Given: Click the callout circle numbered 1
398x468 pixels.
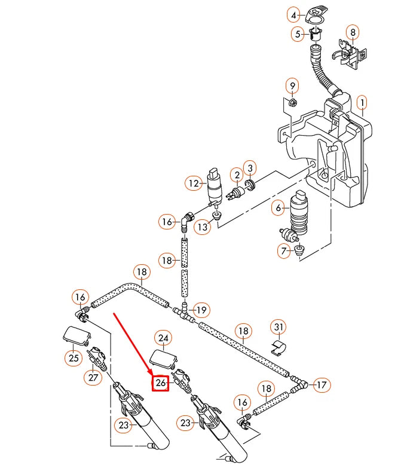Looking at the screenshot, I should pyautogui.click(x=362, y=103).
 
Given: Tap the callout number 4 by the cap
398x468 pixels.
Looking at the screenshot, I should pyautogui.click(x=293, y=14).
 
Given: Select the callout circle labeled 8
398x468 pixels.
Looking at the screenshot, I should pyautogui.click(x=353, y=32).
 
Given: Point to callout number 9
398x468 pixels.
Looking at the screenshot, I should pyautogui.click(x=292, y=86).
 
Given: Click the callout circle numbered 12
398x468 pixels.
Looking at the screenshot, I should pyautogui.click(x=193, y=184).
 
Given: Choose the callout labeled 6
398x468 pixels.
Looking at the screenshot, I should pyautogui.click(x=278, y=207).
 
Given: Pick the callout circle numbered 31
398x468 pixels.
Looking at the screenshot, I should pyautogui.click(x=284, y=252).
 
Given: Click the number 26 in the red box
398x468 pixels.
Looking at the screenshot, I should pyautogui.click(x=160, y=383).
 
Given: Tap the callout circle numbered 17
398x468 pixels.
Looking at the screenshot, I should pyautogui.click(x=321, y=385).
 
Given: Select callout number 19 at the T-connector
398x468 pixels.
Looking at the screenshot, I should pyautogui.click(x=201, y=310).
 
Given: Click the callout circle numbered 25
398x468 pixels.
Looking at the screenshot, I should pyautogui.click(x=72, y=358).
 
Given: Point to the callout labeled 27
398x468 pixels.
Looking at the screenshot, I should pyautogui.click(x=93, y=377).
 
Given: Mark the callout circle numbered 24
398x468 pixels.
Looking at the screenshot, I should pyautogui.click(x=163, y=338).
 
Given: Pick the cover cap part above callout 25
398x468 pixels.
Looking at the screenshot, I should pyautogui.click(x=76, y=335).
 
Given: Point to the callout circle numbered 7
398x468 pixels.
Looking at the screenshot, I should pyautogui.click(x=284, y=252).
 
